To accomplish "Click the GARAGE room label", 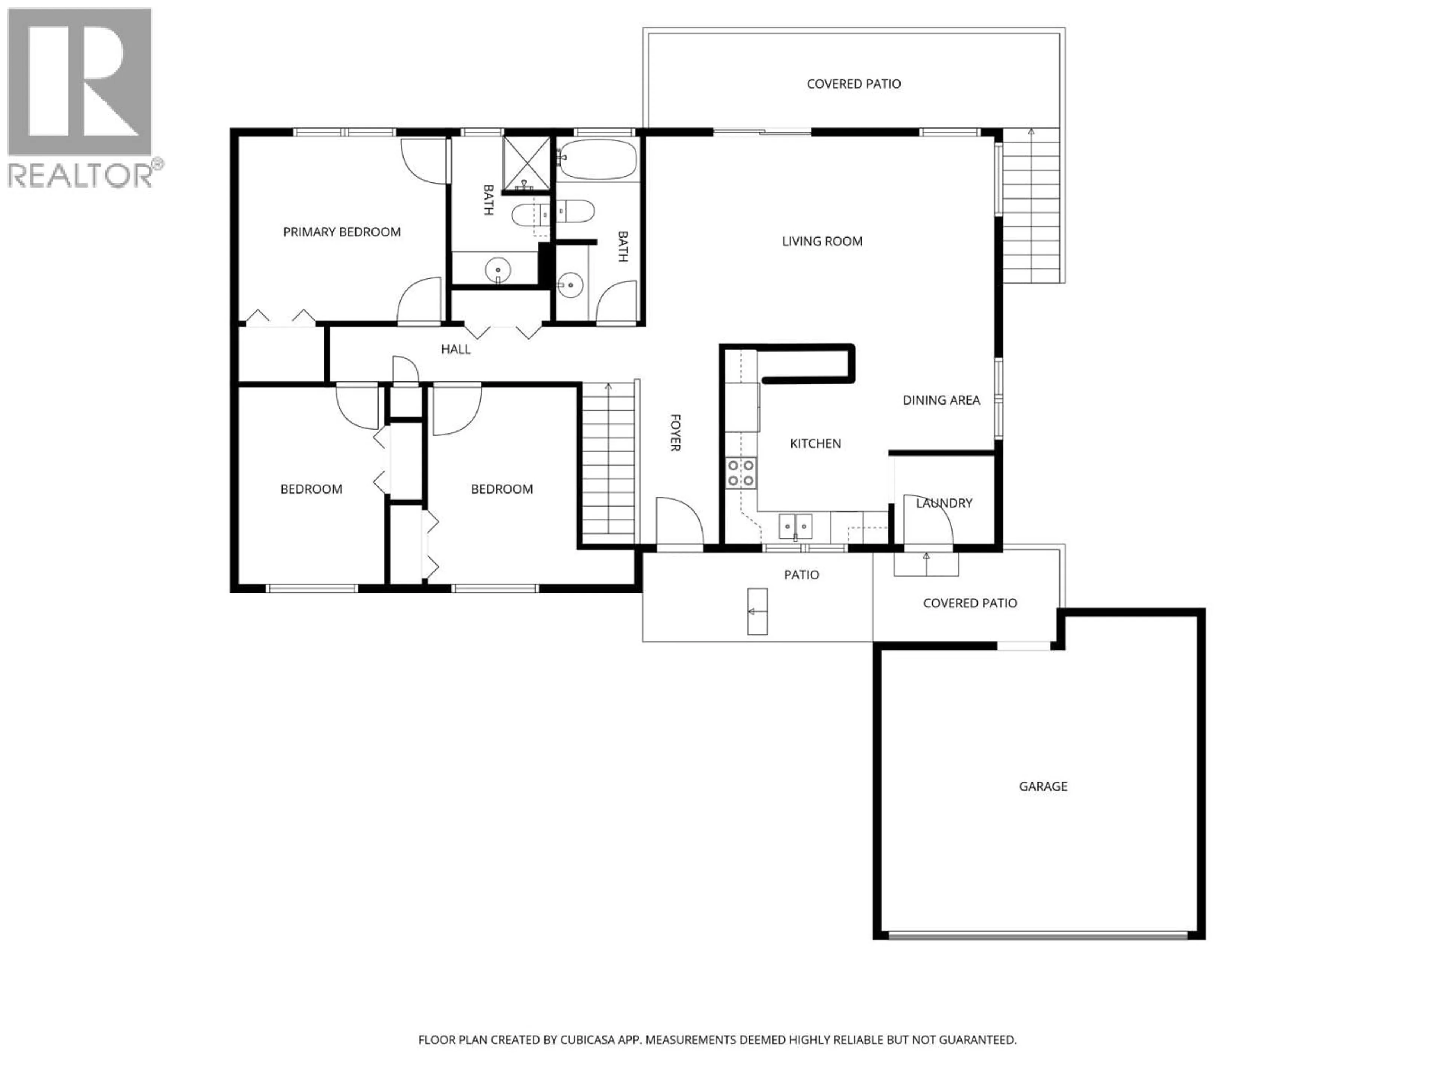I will point(1043,786).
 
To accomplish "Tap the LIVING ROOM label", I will point(822,241).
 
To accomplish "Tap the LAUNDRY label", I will point(944,503).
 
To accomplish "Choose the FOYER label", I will point(675,433).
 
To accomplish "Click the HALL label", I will point(456,349).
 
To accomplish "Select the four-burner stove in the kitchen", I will point(740,473).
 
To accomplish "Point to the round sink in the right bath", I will point(570,284).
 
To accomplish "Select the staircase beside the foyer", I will point(608,463).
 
